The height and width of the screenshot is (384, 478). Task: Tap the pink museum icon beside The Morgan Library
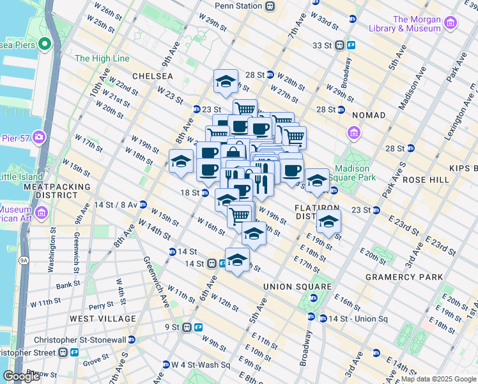[451, 24]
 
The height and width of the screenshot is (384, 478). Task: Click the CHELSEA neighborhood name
[153, 76]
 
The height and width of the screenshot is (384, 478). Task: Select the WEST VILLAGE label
[102, 318]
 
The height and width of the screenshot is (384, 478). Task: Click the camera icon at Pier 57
[40, 137]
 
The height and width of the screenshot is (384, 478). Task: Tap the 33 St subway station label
[325, 45]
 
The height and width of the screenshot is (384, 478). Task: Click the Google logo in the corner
[22, 376]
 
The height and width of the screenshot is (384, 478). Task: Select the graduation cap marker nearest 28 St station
[226, 81]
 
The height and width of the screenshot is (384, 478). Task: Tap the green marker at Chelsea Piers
[44, 44]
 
